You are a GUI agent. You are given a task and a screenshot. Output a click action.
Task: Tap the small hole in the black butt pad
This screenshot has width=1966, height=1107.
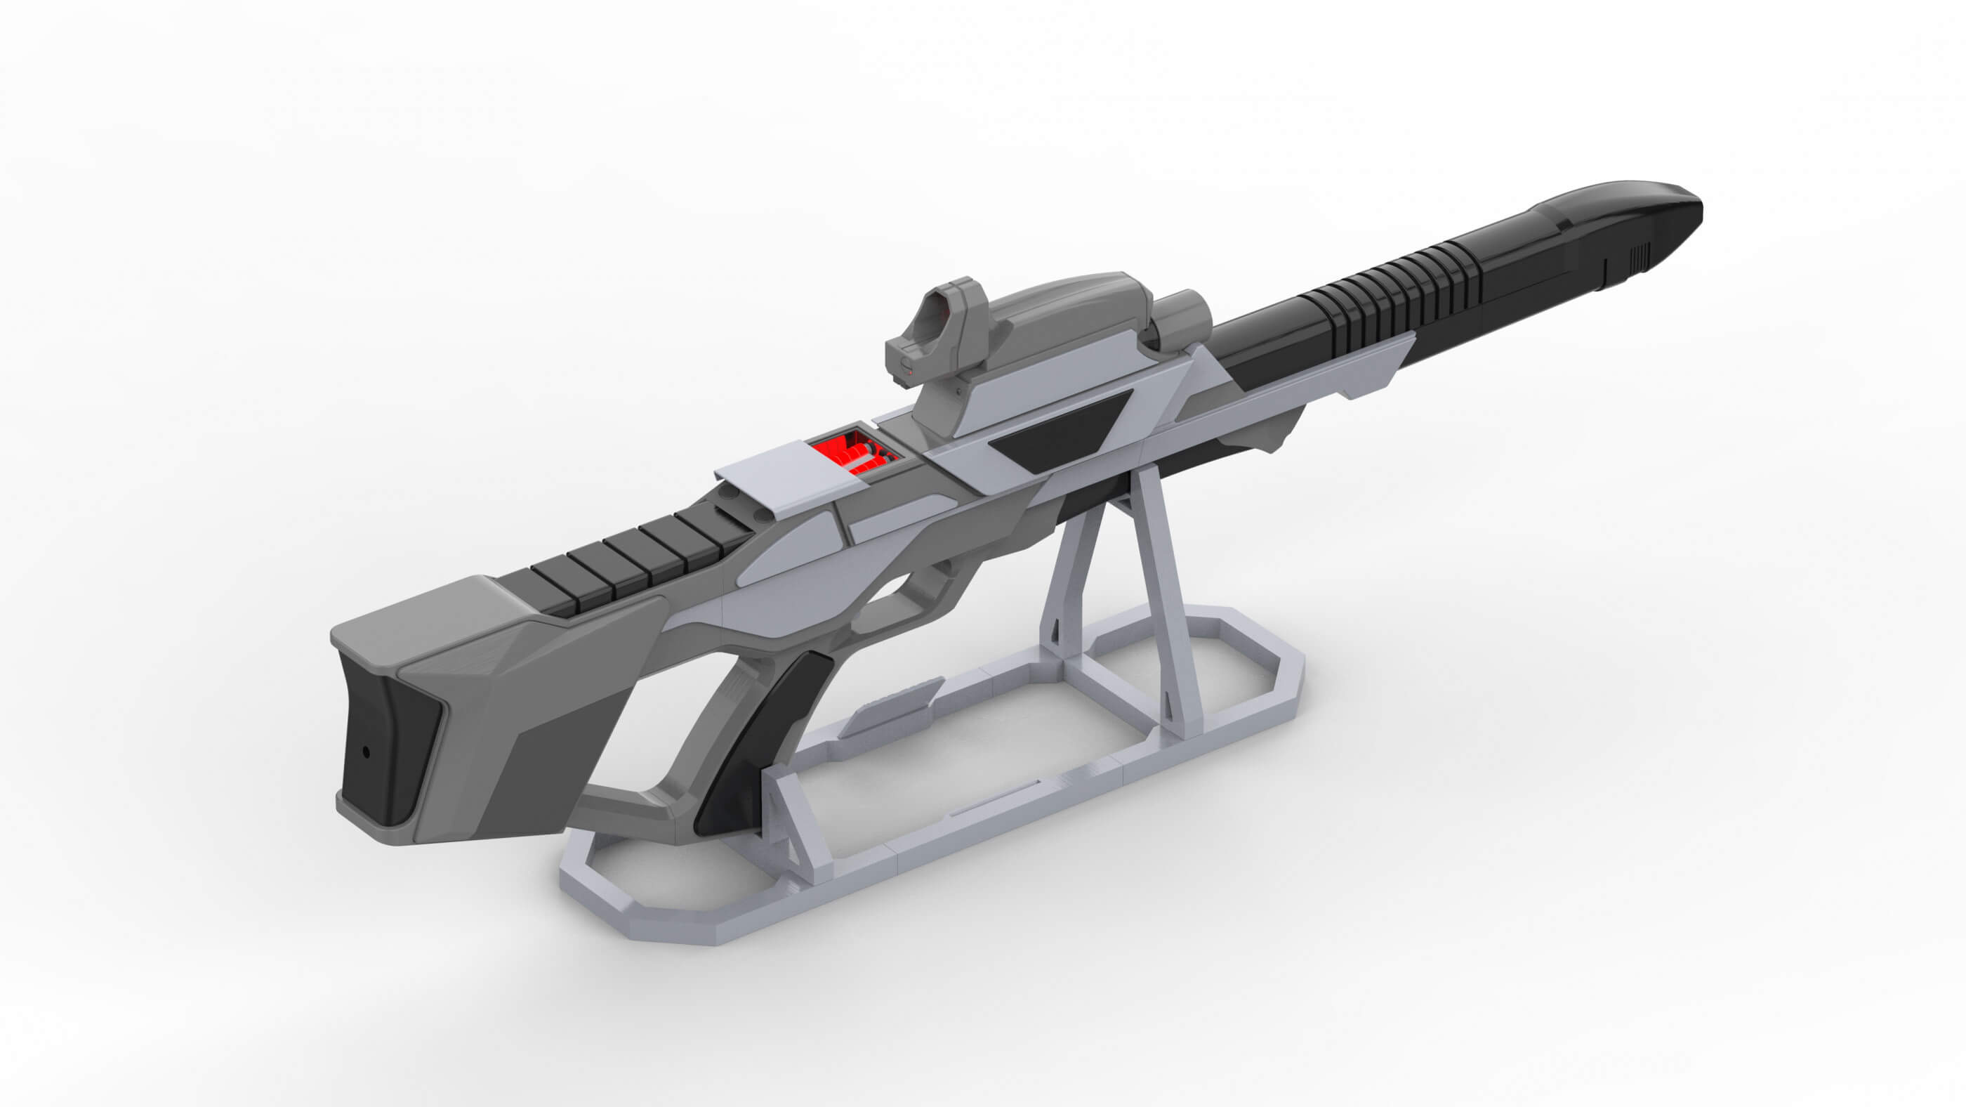click(x=366, y=752)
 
